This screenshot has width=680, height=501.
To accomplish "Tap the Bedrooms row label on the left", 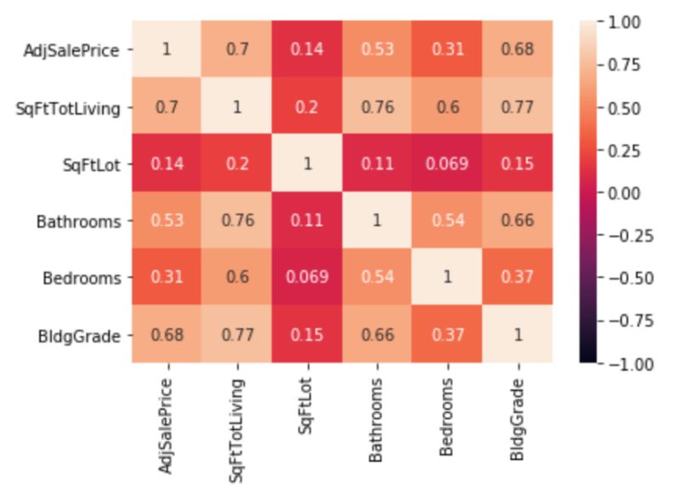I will (88, 278).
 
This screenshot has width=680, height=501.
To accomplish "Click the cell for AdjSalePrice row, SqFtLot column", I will (307, 48).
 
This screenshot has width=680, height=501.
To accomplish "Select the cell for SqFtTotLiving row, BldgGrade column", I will (517, 106).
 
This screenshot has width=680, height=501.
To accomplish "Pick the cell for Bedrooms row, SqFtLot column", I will (307, 278).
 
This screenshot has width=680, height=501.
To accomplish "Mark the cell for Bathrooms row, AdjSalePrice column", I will (167, 221).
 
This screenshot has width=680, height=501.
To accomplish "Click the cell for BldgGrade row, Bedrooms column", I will (447, 335).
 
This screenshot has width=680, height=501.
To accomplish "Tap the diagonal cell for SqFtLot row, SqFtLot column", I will (307, 163).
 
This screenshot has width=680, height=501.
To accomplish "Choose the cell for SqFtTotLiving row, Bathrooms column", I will (377, 106).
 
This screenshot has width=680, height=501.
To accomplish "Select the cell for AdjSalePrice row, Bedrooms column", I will (447, 48).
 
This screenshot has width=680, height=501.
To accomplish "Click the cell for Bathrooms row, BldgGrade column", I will (517, 221).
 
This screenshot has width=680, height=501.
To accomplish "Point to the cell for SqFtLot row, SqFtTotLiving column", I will (236, 163).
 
